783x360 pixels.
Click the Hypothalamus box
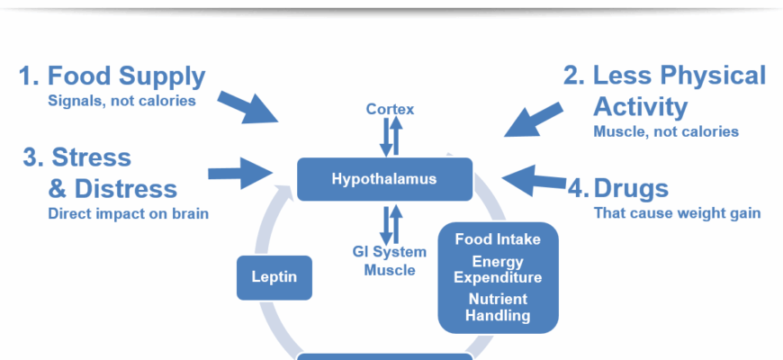tap(384, 178)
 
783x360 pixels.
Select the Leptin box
tap(274, 277)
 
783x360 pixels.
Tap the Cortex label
tap(389, 110)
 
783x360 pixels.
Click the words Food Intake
tap(498, 239)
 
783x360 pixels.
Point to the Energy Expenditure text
tap(498, 269)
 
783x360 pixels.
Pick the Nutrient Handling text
tap(498, 307)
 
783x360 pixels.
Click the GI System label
tap(390, 253)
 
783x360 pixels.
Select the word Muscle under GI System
tap(390, 270)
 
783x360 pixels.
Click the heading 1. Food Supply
tap(112, 76)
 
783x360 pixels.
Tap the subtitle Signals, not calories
tap(121, 101)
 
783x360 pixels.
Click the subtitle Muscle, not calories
tap(666, 131)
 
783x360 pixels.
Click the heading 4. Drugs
tap(618, 189)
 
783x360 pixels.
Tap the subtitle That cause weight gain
tap(677, 213)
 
